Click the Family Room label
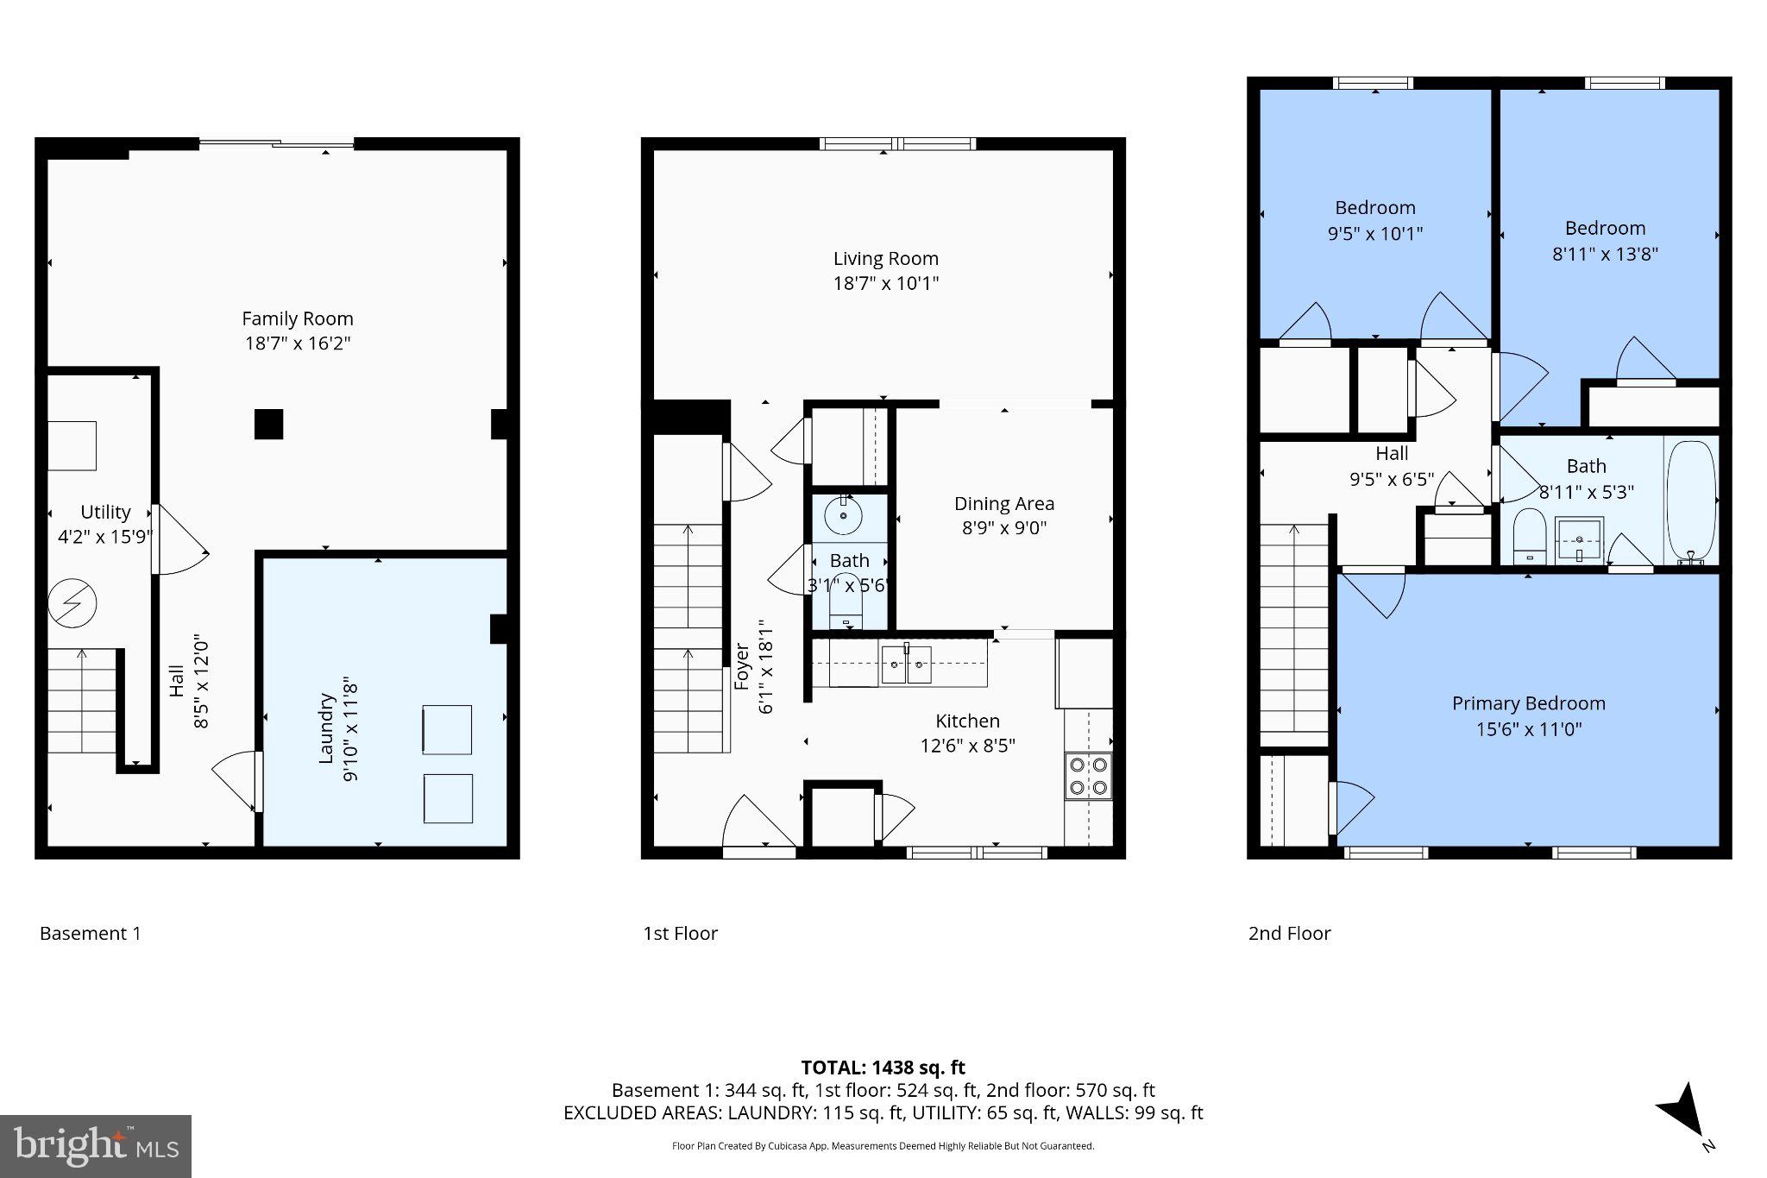[x=297, y=318]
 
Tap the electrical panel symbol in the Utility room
[x=72, y=602]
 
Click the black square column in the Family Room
[x=268, y=424]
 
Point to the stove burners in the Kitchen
[x=1088, y=775]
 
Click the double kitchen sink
[x=906, y=664]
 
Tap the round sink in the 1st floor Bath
[x=843, y=517]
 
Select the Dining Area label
[x=1003, y=503]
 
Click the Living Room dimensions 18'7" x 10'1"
[x=885, y=283]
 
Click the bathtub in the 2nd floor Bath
[x=1691, y=501]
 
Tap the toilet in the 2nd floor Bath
[x=1529, y=535]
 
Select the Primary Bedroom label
[x=1528, y=703]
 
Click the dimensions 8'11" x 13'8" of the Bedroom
[x=1605, y=254]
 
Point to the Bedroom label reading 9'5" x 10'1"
[x=1374, y=208]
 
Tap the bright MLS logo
[x=96, y=1146]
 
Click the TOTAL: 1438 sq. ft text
[x=883, y=1068]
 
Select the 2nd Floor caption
[x=1289, y=933]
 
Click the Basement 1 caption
[x=90, y=933]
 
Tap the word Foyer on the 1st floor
[x=742, y=666]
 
